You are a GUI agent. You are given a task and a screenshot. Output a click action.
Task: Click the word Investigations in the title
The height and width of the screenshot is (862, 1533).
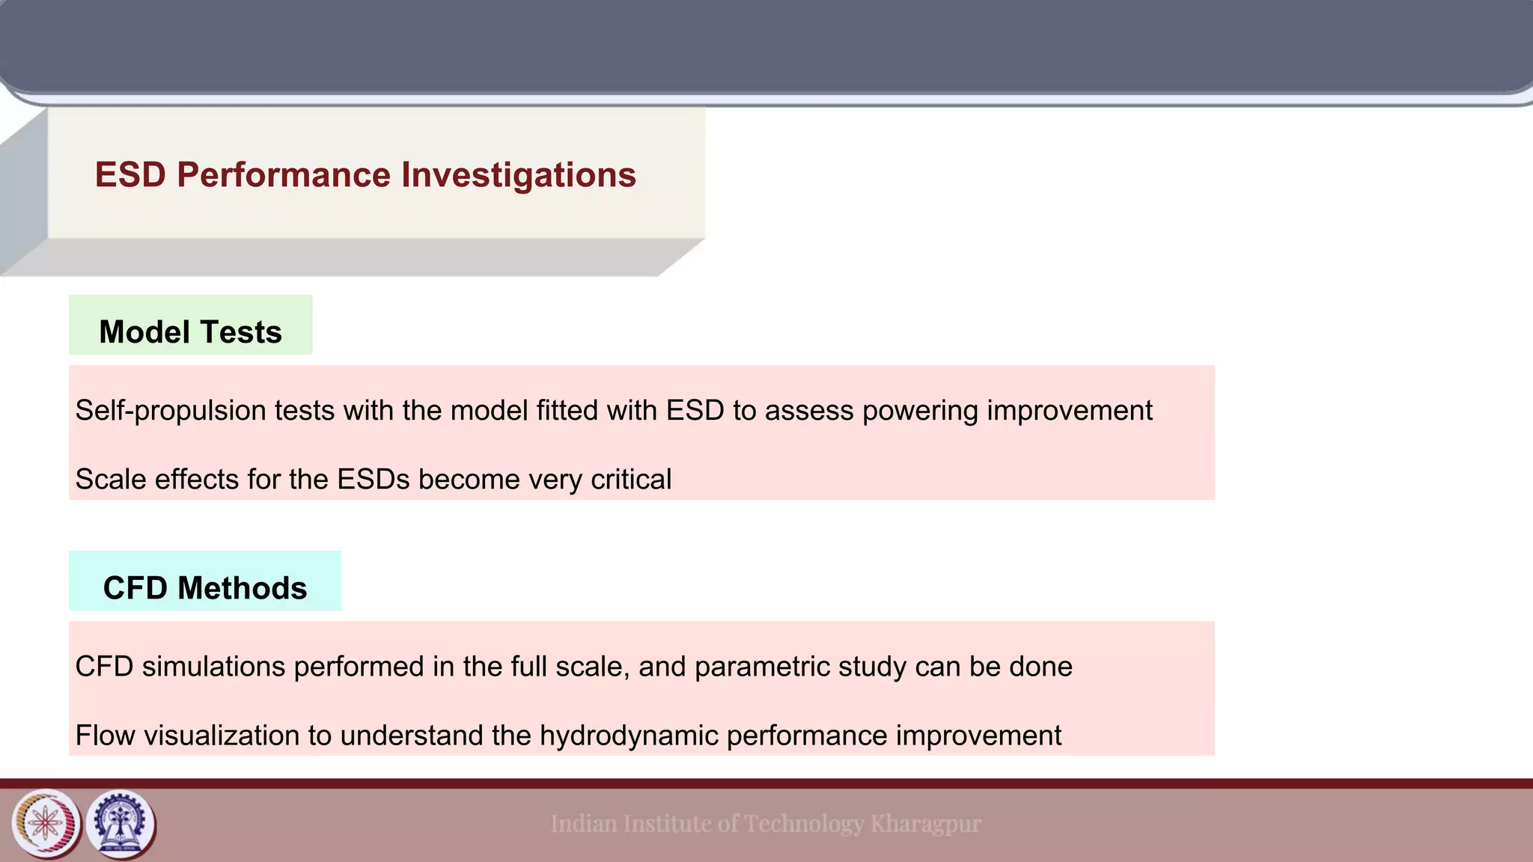[x=519, y=175]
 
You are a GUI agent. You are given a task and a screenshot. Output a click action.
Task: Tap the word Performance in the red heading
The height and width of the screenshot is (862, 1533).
[x=284, y=175]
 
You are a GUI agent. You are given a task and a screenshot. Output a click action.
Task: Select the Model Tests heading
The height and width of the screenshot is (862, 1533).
[x=190, y=332]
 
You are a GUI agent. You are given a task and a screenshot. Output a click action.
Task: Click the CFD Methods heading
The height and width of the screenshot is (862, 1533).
[x=205, y=588]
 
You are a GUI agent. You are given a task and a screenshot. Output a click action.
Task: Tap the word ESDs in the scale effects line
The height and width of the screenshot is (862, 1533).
[x=373, y=480]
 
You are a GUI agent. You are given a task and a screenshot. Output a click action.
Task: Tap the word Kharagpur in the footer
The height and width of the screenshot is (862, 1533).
[x=925, y=824]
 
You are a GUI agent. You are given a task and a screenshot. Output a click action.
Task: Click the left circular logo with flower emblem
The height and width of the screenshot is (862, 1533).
[x=46, y=824]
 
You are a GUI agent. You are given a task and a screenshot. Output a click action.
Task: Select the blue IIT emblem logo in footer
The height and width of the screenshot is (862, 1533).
[x=121, y=824]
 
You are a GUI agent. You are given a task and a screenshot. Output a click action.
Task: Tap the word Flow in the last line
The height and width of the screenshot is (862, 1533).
[x=105, y=736]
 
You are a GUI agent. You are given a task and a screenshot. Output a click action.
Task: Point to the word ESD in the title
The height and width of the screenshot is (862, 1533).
[x=130, y=175]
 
